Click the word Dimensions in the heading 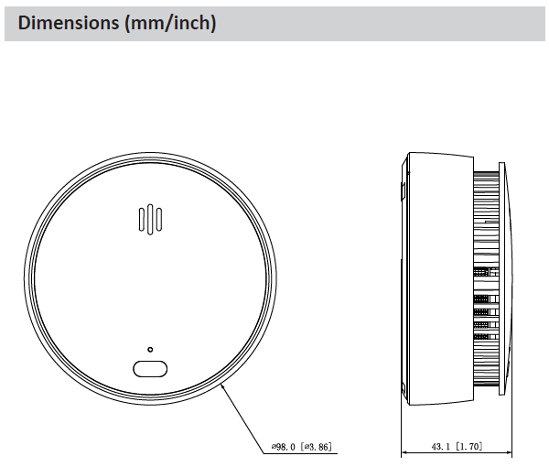click(61, 23)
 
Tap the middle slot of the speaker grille click(149, 220)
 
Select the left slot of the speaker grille click(141, 220)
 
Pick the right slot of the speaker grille click(158, 220)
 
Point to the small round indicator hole click(150, 349)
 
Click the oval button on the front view click(150, 368)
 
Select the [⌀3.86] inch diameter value click(318, 446)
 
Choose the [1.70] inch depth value click(470, 446)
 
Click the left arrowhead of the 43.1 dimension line click(404, 453)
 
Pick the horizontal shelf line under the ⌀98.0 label click(302, 453)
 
